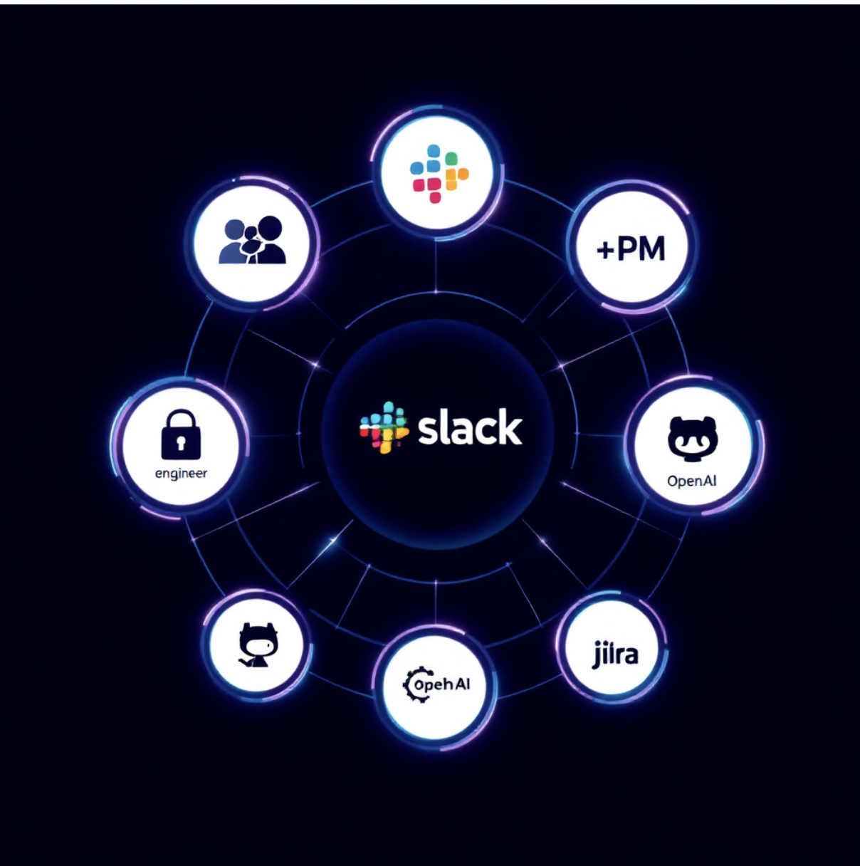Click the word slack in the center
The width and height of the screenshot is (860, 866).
pos(470,427)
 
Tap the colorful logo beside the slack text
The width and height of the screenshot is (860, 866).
pos(384,428)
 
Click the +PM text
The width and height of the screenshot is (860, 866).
pos(631,249)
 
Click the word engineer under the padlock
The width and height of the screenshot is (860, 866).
pos(181,474)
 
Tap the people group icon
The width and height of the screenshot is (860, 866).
pos(252,240)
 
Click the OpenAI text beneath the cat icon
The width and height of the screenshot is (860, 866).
pos(692,481)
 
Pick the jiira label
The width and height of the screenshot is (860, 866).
pos(615,654)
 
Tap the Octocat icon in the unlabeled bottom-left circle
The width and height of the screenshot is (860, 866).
pos(258,645)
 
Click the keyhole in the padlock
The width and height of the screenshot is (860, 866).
pos(181,444)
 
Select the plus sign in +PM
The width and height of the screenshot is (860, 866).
pos(605,250)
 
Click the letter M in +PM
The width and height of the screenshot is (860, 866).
pos(650,249)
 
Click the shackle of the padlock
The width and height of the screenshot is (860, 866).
pos(181,419)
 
